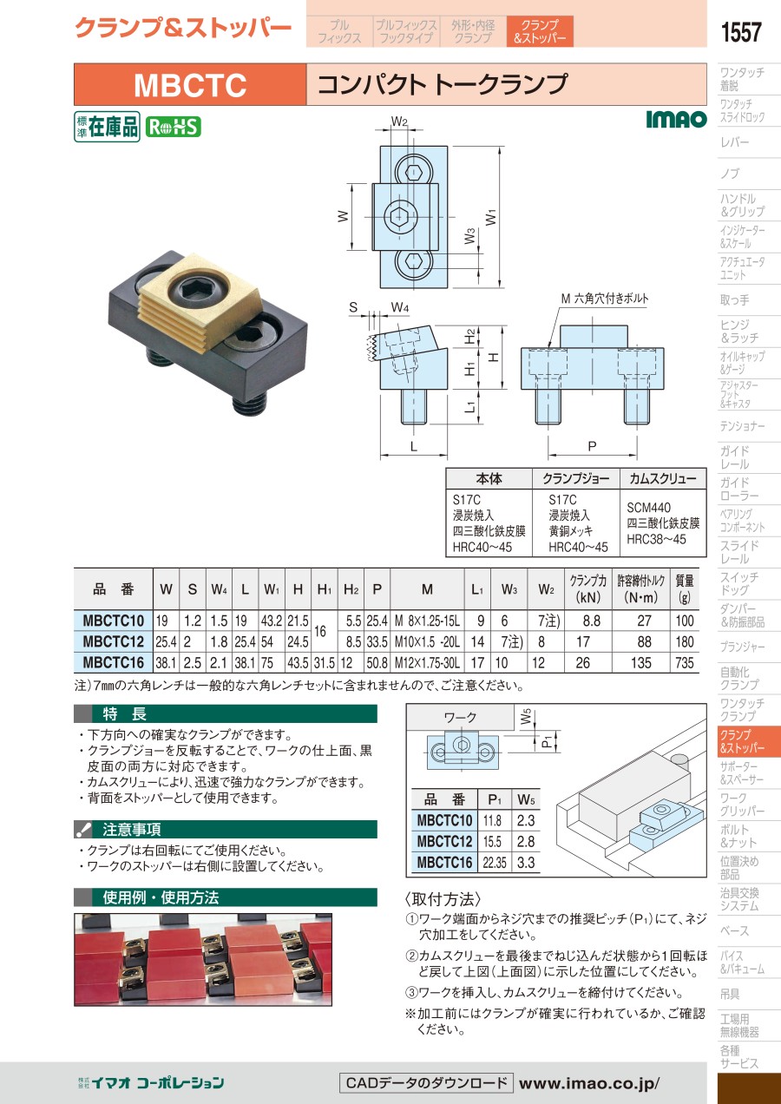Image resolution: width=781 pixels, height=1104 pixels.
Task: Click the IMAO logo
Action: click(x=676, y=119)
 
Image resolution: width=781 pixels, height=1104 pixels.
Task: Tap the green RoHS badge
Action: click(x=173, y=128)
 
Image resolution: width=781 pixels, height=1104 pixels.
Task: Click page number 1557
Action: click(x=741, y=32)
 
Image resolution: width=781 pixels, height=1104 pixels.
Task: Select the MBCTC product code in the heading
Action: click(x=190, y=85)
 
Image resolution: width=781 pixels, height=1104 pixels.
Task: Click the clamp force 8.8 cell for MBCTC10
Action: click(x=591, y=621)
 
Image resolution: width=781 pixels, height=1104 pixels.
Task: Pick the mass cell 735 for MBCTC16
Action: click(x=685, y=663)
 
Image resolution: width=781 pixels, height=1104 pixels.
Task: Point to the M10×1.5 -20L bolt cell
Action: click(x=427, y=641)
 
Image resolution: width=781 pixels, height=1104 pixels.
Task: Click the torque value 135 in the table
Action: click(x=640, y=663)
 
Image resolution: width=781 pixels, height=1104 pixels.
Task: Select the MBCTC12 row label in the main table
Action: click(x=114, y=641)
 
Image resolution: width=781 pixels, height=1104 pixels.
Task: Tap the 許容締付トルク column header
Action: click(x=641, y=588)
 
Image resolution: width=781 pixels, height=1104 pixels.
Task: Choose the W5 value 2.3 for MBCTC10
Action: click(x=526, y=820)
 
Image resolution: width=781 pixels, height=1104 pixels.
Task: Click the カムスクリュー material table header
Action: click(x=663, y=478)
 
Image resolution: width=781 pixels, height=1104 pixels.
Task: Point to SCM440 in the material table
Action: click(x=648, y=507)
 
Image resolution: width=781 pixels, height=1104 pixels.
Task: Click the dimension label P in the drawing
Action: click(x=593, y=446)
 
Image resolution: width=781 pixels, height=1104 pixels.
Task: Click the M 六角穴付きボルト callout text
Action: click(x=605, y=299)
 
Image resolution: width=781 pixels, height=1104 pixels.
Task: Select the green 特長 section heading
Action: click(x=124, y=713)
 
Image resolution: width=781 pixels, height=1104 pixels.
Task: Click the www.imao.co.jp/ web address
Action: click(x=589, y=1083)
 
